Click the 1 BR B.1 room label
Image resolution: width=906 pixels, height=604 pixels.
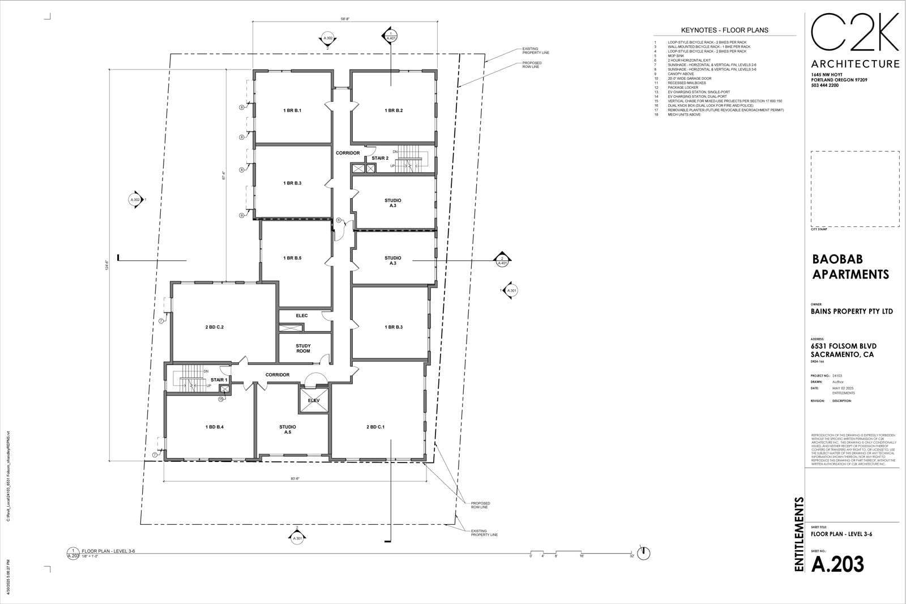click(x=292, y=110)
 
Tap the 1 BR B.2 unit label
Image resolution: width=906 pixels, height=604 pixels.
click(x=393, y=110)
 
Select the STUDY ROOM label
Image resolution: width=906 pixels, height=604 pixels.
click(x=303, y=348)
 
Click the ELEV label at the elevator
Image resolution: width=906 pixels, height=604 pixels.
click(x=314, y=400)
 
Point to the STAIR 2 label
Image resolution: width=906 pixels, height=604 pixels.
click(x=380, y=158)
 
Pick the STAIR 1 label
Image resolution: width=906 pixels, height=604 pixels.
click(x=219, y=380)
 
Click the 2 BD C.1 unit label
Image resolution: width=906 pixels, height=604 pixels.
click(x=375, y=427)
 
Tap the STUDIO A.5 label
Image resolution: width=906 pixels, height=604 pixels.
click(x=288, y=429)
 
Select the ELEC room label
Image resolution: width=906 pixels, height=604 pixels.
click(x=302, y=315)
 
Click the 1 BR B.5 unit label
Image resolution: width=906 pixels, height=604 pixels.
click(x=292, y=258)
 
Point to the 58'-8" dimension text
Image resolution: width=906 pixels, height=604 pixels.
click(x=345, y=19)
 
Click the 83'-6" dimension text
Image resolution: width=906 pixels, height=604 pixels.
click(x=295, y=478)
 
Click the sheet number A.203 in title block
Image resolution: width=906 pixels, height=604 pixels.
click(x=837, y=564)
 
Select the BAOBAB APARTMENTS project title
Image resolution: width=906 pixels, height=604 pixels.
click(x=851, y=267)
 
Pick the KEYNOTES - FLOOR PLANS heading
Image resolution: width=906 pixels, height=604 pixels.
click(x=724, y=30)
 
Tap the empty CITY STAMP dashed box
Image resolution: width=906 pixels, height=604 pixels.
click(x=854, y=189)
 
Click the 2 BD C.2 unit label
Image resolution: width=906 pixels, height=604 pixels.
click(x=219, y=327)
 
